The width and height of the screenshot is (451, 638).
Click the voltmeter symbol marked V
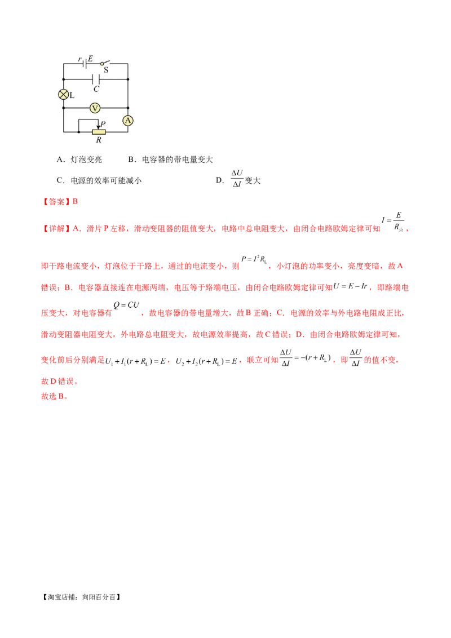[x=95, y=107]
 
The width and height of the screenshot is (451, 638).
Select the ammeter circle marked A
[x=128, y=120]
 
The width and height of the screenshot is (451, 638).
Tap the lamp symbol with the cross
[x=64, y=94]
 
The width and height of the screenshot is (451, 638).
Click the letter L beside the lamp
[x=72, y=96]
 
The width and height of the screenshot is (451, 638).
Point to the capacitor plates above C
[x=95, y=79]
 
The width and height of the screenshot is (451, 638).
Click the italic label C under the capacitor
[x=96, y=89]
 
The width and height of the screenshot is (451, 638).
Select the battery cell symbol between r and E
[x=85, y=64]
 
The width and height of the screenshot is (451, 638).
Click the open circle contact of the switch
[x=102, y=64]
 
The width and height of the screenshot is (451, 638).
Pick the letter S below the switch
[x=106, y=70]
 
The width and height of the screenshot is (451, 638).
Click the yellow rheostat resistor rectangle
[x=99, y=132]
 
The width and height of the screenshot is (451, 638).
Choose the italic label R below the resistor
[x=99, y=140]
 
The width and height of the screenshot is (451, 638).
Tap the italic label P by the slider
[x=103, y=123]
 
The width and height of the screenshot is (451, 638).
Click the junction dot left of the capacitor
[x=64, y=79]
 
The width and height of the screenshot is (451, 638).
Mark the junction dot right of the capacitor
[x=128, y=79]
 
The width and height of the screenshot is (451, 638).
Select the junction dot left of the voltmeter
[x=64, y=107]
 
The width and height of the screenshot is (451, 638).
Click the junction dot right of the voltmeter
[x=128, y=107]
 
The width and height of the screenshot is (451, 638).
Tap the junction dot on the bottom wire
[x=78, y=132]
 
